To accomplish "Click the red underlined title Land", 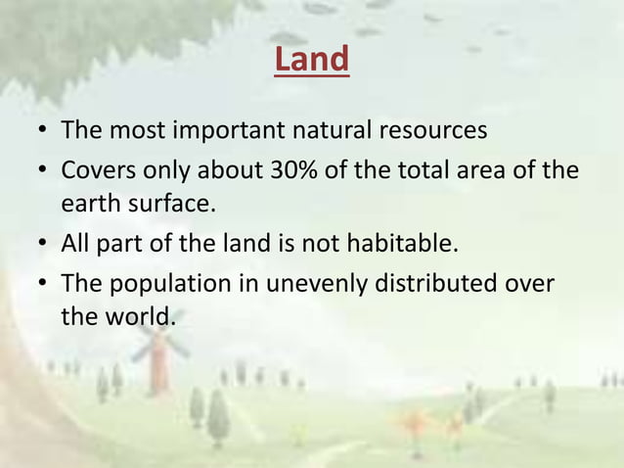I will pos(311,61).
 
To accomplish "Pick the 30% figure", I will pos(299,171).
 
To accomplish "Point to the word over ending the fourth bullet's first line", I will pos(532,284).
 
